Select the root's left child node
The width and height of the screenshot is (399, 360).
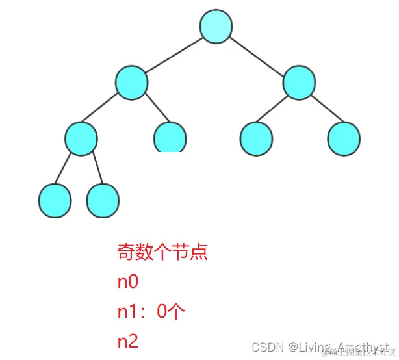(x=132, y=83)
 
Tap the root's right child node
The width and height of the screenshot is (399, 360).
(x=300, y=83)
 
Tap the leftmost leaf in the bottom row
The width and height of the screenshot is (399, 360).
(x=55, y=200)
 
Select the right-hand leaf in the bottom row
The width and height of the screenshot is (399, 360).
(x=103, y=200)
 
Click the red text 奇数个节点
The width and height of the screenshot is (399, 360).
(x=162, y=251)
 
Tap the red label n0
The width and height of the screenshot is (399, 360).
(x=127, y=282)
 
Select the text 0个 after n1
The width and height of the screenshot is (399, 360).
(x=172, y=312)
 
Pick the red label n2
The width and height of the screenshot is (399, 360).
(x=127, y=342)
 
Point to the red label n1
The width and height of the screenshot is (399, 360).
(x=127, y=312)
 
